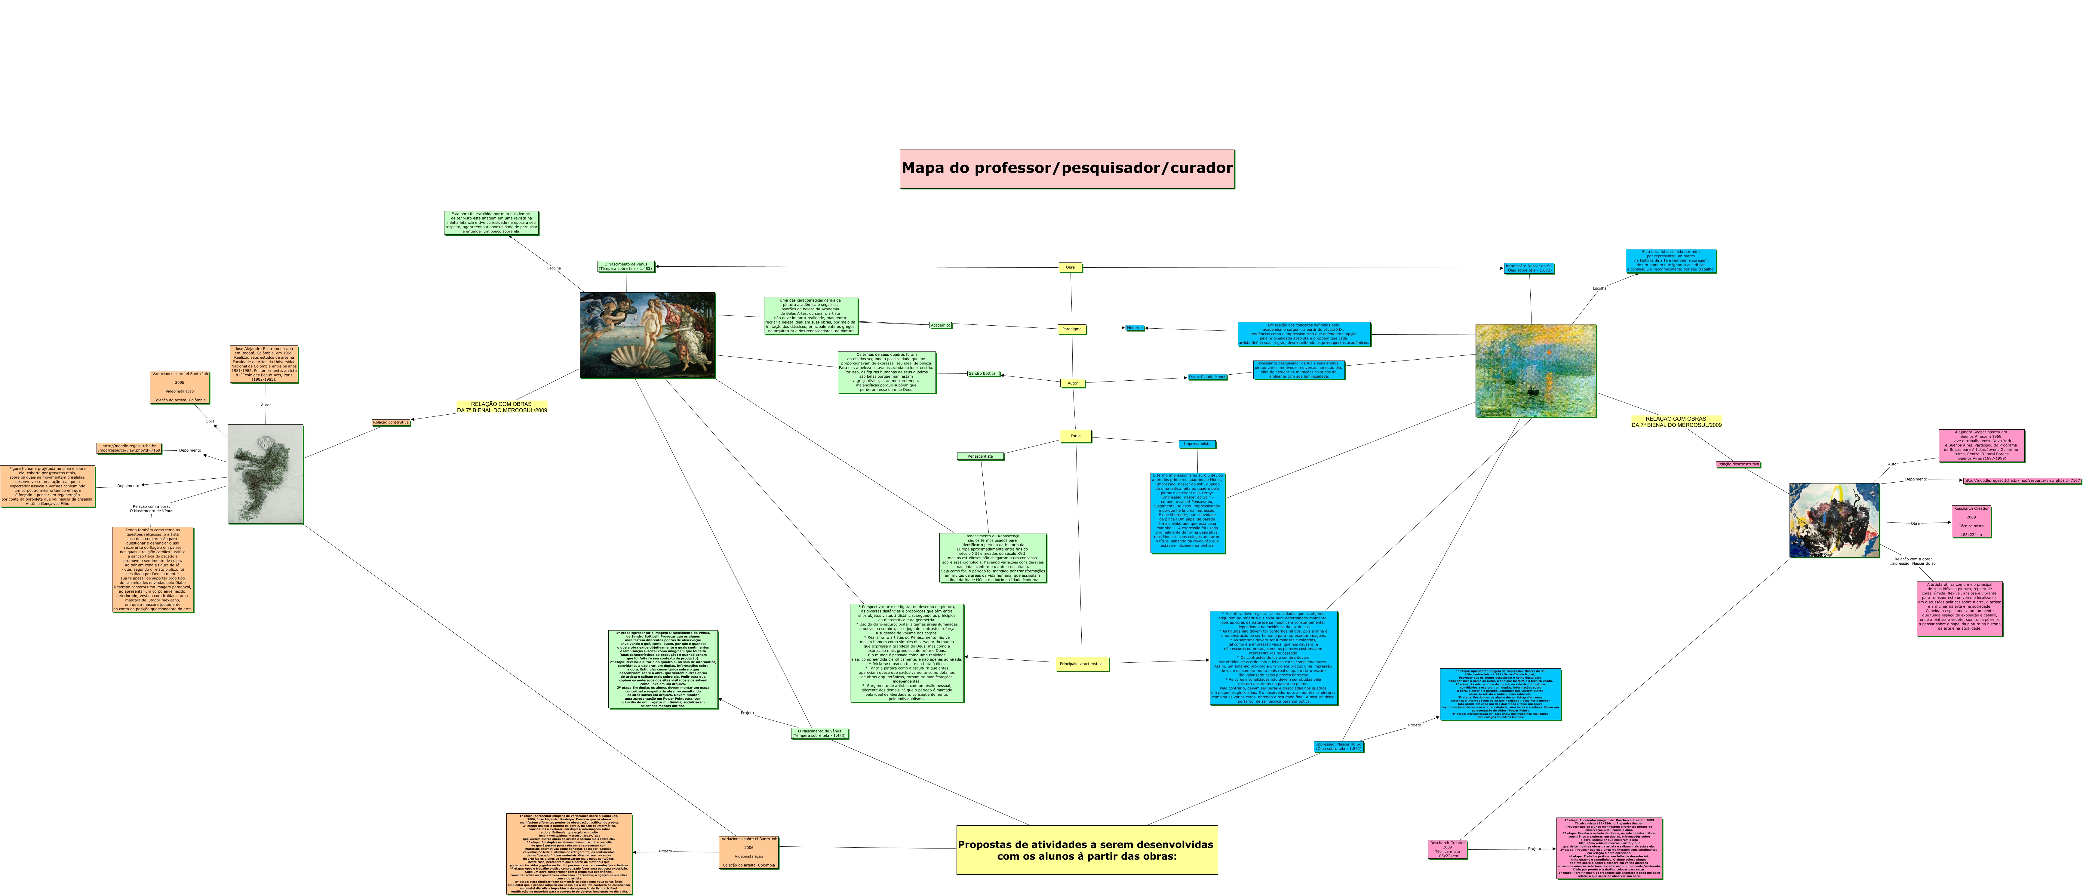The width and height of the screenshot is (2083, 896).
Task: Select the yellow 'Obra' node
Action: [1070, 267]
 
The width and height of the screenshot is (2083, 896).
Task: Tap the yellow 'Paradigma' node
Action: [1071, 329]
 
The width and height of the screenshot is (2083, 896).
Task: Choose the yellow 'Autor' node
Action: [1072, 383]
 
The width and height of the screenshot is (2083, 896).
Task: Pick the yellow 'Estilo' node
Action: [1075, 436]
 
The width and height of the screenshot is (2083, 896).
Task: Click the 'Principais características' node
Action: [1081, 664]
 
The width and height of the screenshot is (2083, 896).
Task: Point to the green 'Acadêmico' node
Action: [940, 325]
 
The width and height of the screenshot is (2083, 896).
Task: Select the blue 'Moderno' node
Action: [1135, 327]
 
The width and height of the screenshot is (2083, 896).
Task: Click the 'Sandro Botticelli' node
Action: [983, 374]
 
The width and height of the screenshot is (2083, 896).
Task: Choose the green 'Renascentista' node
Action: [980, 456]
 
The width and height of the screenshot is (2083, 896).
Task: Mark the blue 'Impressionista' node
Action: [1197, 444]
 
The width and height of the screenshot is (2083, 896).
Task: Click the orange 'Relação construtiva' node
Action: [391, 422]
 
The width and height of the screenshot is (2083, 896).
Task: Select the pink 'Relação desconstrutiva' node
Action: [1738, 464]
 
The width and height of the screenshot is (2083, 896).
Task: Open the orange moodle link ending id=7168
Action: [129, 448]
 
